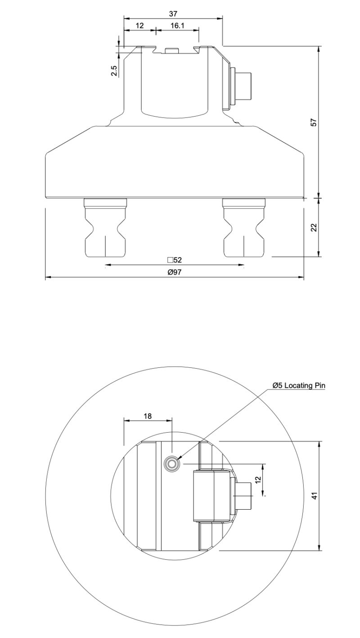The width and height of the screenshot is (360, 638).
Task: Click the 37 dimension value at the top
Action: pos(173,14)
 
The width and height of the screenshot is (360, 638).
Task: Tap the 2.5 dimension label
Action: pos(114,71)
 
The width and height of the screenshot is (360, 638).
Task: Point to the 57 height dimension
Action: pos(314,122)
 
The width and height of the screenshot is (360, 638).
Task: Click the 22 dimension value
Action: pos(314,227)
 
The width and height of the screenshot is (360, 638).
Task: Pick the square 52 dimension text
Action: pos(174,260)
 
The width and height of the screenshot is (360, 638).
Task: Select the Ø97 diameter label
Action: pos(174,272)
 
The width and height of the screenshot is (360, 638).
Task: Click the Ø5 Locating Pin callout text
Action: pos(298,385)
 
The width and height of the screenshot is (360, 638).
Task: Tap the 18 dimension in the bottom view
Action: pos(147,416)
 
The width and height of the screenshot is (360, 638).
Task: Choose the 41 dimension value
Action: pos(315,496)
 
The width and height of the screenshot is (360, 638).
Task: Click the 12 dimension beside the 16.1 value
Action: pos(139,26)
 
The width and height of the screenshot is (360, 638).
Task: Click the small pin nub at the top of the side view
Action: pos(171,50)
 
